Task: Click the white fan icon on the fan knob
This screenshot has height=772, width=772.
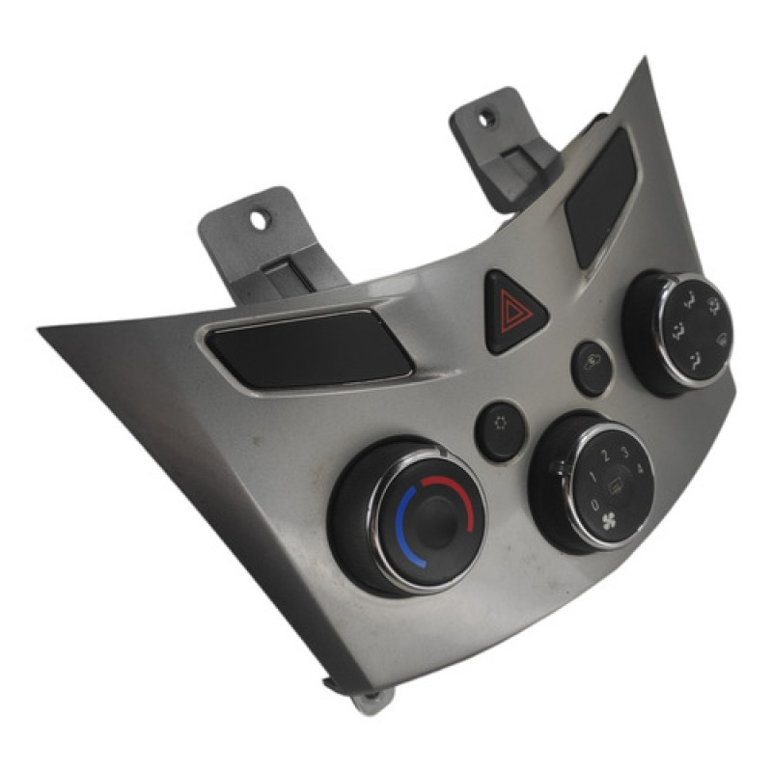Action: pyautogui.click(x=609, y=521)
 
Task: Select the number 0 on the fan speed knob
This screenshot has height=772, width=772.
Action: pyautogui.click(x=595, y=504)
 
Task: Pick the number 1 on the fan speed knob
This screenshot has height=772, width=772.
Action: pyautogui.click(x=593, y=476)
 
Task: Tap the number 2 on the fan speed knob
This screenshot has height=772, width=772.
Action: pyautogui.click(x=607, y=455)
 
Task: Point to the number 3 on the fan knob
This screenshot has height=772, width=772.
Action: pyautogui.click(x=624, y=451)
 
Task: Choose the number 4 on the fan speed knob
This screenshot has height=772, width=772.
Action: pyautogui.click(x=640, y=468)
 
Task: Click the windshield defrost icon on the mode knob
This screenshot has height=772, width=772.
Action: pyautogui.click(x=722, y=339)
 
